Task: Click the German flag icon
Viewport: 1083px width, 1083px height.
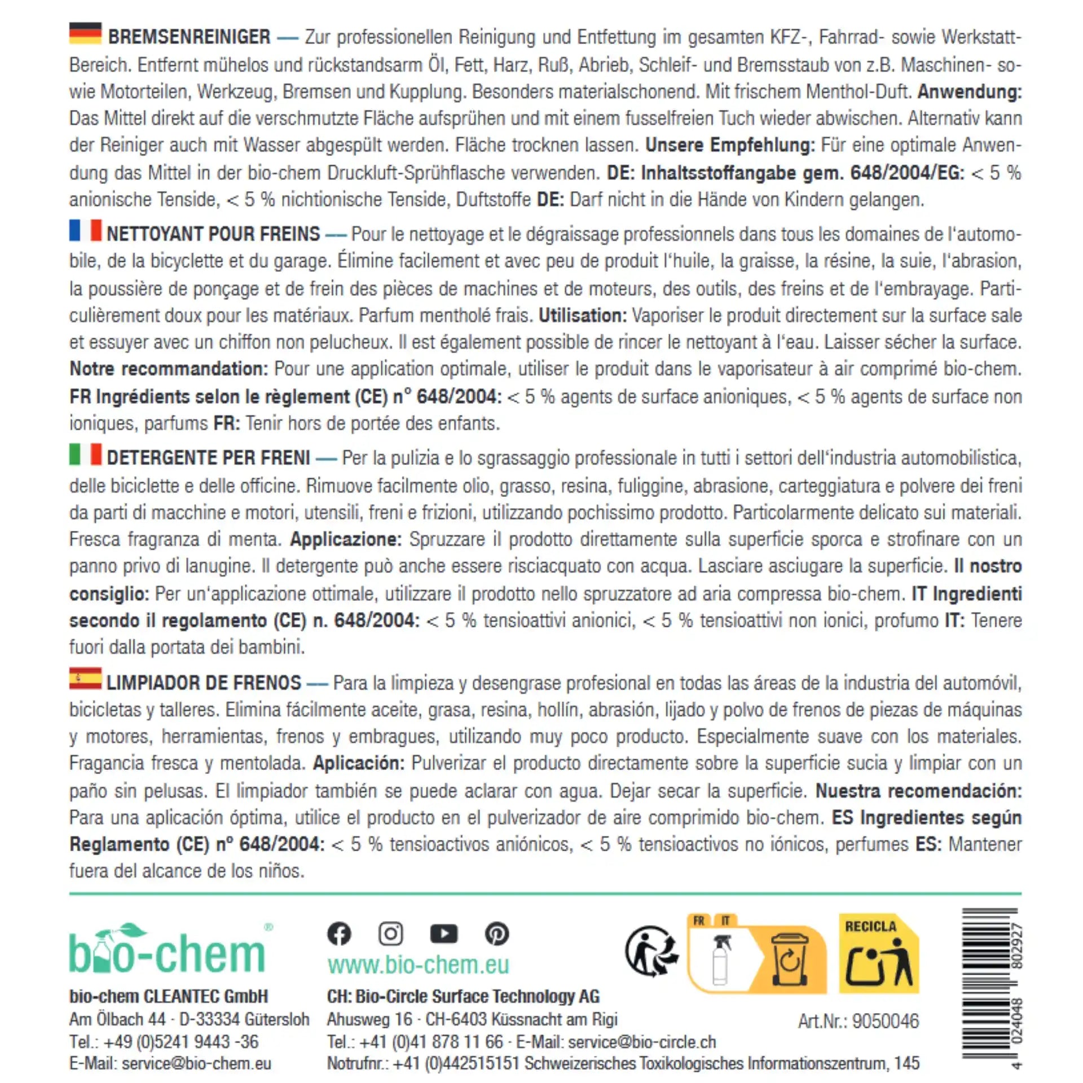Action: (x=85, y=33)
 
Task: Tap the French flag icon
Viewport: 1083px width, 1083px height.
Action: (x=85, y=230)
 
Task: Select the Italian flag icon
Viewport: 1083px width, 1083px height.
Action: (x=85, y=454)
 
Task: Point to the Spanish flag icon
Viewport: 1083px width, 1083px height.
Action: (x=85, y=679)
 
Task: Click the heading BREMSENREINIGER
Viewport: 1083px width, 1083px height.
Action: (x=189, y=37)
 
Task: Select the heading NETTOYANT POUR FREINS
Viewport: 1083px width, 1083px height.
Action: (x=213, y=234)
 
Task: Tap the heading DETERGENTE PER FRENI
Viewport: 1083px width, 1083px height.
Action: (x=208, y=457)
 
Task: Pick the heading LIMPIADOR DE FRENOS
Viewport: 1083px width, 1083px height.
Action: (x=204, y=683)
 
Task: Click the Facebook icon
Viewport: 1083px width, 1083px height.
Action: (x=339, y=934)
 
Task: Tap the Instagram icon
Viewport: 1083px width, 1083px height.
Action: (x=390, y=934)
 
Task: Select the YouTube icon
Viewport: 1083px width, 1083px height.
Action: (x=443, y=934)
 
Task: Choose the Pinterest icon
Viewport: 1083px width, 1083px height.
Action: (x=496, y=934)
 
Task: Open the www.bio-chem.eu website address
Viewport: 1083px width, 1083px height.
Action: (x=418, y=965)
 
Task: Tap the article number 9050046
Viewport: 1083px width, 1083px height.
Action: (x=885, y=1021)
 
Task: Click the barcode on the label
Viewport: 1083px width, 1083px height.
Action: (x=990, y=987)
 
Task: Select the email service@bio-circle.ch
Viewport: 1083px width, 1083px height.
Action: (x=642, y=1042)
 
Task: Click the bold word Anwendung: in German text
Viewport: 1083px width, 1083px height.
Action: (x=969, y=91)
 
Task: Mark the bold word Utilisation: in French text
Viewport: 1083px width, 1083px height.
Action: (x=582, y=315)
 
